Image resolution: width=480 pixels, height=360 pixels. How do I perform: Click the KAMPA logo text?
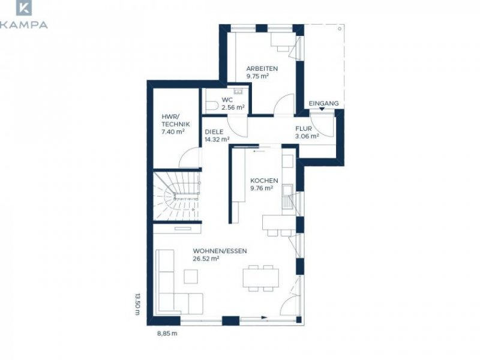(x=23, y=25)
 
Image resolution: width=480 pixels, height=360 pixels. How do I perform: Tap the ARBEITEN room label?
(x=262, y=68)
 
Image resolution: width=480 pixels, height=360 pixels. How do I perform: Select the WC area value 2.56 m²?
(x=233, y=107)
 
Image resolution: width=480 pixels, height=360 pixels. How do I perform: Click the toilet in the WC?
(x=212, y=106)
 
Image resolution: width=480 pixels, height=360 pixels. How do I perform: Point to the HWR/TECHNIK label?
(x=175, y=121)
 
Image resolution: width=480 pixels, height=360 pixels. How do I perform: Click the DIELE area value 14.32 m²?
(x=217, y=139)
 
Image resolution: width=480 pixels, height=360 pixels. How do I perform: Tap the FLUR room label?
(x=304, y=128)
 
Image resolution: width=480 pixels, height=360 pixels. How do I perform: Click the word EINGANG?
(x=323, y=103)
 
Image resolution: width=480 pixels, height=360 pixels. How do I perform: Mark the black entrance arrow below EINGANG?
(x=322, y=109)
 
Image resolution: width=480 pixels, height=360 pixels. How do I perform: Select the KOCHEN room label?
(x=264, y=181)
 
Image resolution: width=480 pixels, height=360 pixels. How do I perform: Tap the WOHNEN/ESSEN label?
(x=220, y=251)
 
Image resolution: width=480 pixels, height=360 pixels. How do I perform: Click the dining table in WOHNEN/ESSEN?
(x=261, y=278)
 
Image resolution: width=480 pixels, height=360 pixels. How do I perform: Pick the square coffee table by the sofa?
(x=191, y=276)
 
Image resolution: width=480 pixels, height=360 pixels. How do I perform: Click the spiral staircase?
(x=177, y=196)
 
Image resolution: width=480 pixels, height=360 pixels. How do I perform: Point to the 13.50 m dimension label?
(x=137, y=304)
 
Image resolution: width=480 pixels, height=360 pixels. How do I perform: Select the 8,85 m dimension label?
(x=167, y=334)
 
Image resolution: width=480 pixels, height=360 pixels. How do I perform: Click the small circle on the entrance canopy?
(x=340, y=29)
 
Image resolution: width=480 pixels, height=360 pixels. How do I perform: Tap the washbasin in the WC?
(x=238, y=92)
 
